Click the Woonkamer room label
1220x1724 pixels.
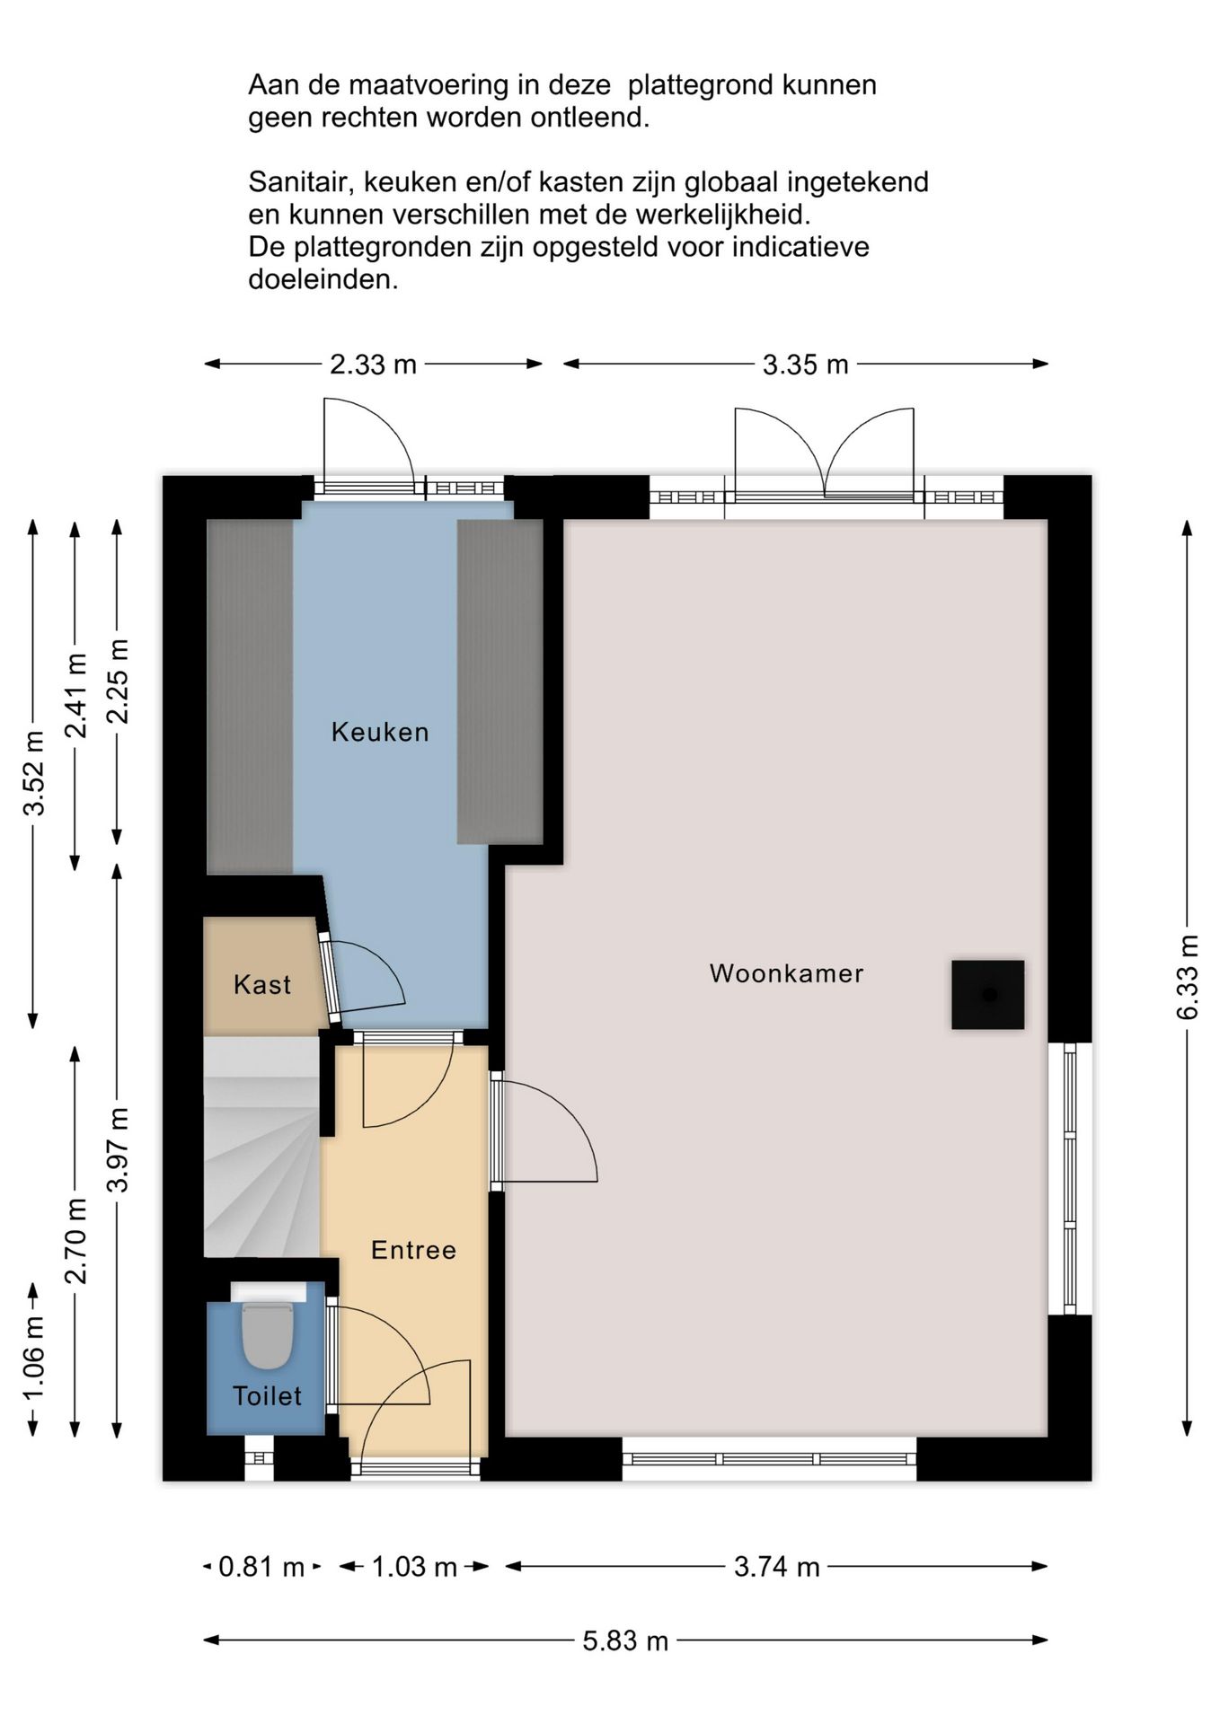click(x=786, y=973)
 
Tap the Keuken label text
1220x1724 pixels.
click(x=380, y=732)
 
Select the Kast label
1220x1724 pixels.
click(x=262, y=985)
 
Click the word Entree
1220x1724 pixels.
click(x=413, y=1250)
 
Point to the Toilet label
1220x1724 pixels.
click(x=267, y=1395)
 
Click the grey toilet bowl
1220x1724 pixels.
click(x=268, y=1335)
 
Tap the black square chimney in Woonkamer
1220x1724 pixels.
click(x=988, y=995)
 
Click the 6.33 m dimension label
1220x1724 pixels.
click(x=1188, y=977)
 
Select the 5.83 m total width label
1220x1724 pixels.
click(x=625, y=1641)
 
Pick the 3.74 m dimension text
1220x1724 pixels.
click(x=777, y=1567)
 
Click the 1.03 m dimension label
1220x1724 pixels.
click(x=414, y=1567)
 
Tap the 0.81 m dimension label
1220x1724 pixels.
click(x=261, y=1567)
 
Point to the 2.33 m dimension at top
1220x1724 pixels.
click(x=373, y=365)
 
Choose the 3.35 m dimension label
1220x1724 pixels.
click(x=806, y=365)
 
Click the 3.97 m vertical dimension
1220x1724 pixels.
click(x=118, y=1150)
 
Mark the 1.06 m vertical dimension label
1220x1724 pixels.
click(x=33, y=1359)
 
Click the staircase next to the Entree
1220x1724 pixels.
click(x=261, y=1148)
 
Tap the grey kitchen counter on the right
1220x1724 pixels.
click(x=499, y=682)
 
